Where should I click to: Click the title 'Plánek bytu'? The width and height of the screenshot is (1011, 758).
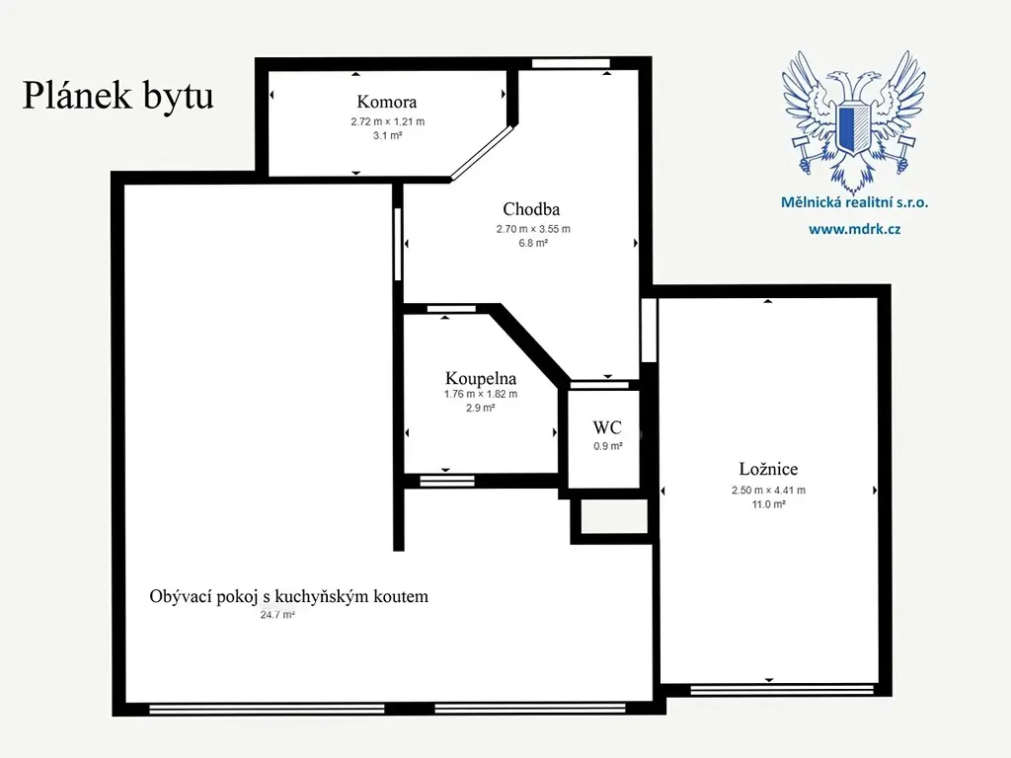coord(118,96)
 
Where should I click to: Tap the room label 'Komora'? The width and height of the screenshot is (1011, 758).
coord(387,102)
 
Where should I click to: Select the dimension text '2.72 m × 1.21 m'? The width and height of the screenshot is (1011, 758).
coord(387,121)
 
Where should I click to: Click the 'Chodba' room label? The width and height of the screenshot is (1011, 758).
coord(531,209)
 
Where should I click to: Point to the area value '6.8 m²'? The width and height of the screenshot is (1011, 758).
coord(533,243)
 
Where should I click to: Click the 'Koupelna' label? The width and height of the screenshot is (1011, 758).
coord(481,378)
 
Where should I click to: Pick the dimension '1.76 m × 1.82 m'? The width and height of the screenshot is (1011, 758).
coord(481,394)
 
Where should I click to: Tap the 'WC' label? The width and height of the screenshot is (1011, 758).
coord(607,427)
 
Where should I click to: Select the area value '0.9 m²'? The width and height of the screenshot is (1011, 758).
coord(608,446)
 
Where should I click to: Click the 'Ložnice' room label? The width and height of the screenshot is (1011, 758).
coord(768,469)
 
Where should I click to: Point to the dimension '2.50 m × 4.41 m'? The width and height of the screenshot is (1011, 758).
coord(768,490)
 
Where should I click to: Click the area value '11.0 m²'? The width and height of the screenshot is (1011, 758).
coord(768,504)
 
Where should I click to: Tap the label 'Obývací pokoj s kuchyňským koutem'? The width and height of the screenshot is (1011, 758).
coord(289,596)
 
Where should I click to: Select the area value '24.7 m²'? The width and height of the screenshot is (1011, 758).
coord(277,615)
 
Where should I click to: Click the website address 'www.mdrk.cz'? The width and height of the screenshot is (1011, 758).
coord(854,229)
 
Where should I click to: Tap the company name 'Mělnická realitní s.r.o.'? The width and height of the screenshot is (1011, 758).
coord(854,202)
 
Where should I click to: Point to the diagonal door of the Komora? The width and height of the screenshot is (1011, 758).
coord(482,152)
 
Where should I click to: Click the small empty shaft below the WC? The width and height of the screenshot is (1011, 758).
coord(614,516)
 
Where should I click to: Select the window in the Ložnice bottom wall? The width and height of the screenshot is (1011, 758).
coord(782,690)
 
